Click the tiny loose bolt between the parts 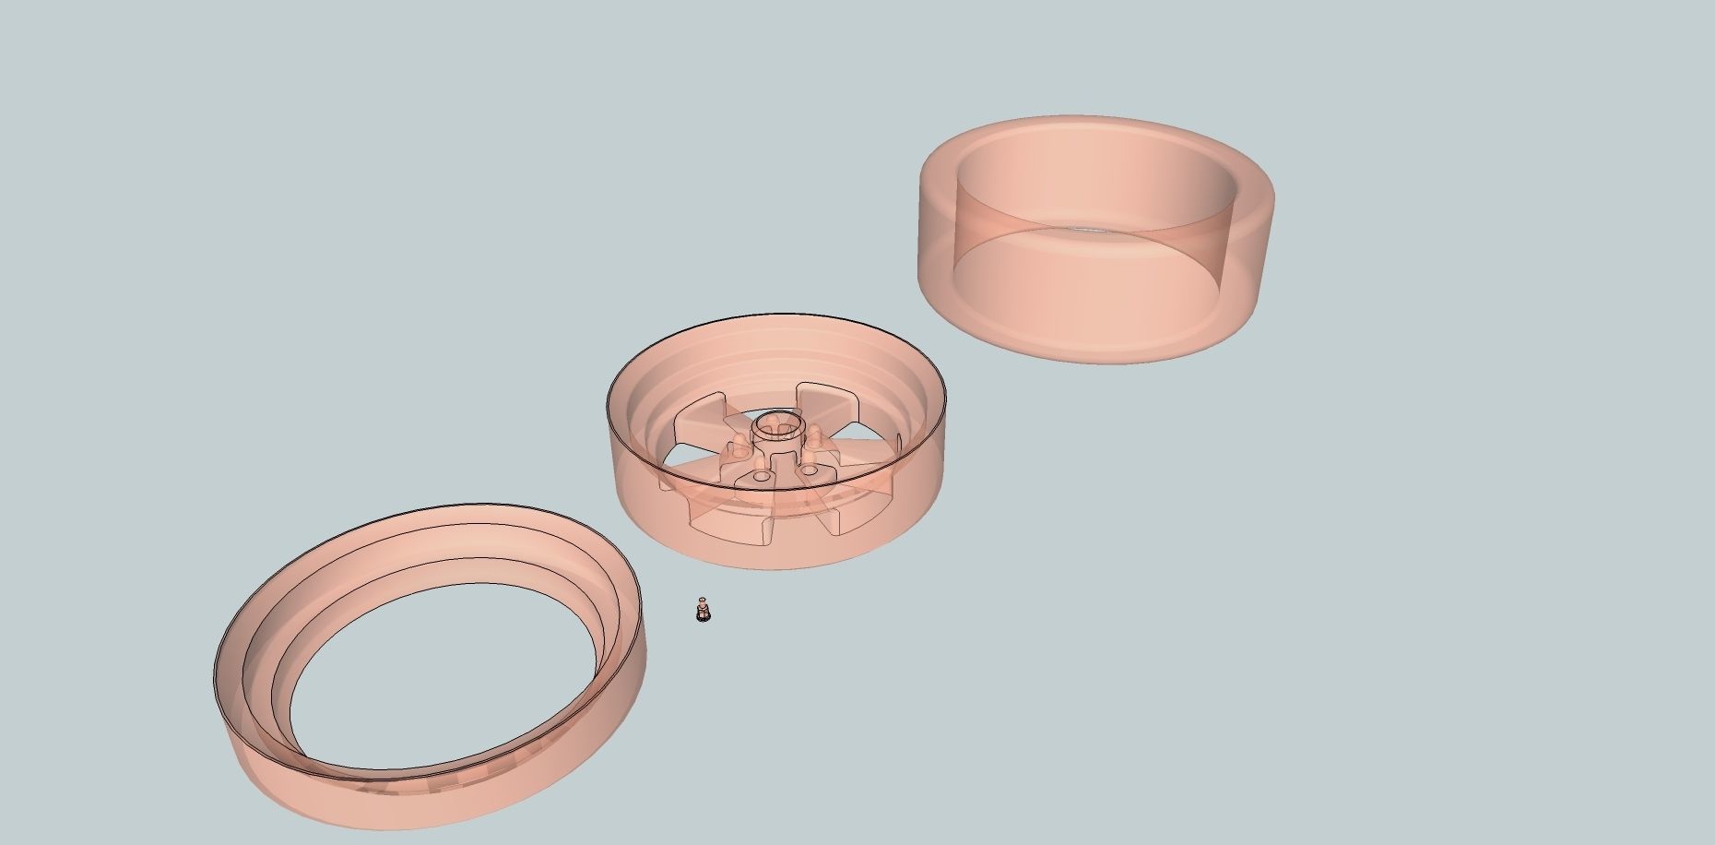703,611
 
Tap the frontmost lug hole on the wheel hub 762,478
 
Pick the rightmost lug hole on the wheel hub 810,470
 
